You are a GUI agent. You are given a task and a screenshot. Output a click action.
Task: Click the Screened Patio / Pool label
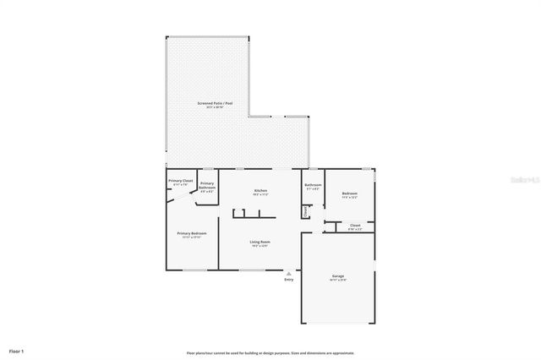coord(215,103)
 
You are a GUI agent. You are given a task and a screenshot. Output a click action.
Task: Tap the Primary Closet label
coord(181,181)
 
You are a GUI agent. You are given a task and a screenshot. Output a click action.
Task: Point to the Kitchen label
coord(260,191)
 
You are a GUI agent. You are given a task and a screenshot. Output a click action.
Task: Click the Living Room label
coord(260,243)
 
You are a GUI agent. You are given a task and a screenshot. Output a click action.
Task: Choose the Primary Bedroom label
coord(191,233)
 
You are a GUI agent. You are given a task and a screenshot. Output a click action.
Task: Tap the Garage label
coord(338,275)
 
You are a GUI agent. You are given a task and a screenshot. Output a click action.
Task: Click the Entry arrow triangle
coord(289,273)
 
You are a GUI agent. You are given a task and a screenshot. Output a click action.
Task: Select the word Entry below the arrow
coord(289,281)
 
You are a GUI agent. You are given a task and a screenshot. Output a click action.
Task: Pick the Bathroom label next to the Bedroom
coord(313,184)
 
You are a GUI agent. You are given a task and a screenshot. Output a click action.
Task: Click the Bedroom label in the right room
coord(349,194)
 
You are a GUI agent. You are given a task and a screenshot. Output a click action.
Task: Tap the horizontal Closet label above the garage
coord(355,225)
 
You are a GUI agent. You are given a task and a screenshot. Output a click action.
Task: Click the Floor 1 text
coord(17,351)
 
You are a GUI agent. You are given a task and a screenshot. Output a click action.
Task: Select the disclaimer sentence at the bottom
coord(270,352)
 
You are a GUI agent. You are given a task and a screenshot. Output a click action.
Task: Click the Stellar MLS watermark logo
coord(524,180)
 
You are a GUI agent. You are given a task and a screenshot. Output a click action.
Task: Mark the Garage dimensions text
coord(338,280)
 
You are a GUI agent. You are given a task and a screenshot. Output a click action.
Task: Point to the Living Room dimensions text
coord(260,247)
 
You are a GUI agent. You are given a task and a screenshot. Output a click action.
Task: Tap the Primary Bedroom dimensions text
coord(191,237)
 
